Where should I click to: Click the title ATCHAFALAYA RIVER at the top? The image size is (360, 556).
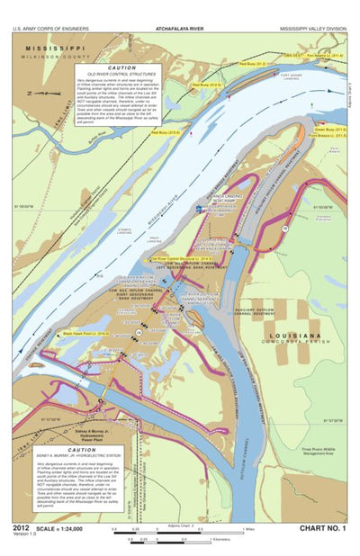[x=180, y=29]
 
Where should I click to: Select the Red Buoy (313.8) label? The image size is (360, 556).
[x=165, y=132]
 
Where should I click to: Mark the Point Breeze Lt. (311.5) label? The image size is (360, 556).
[x=330, y=136]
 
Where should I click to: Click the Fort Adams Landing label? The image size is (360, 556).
[x=291, y=77]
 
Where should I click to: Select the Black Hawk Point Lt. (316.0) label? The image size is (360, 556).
[x=85, y=334]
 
